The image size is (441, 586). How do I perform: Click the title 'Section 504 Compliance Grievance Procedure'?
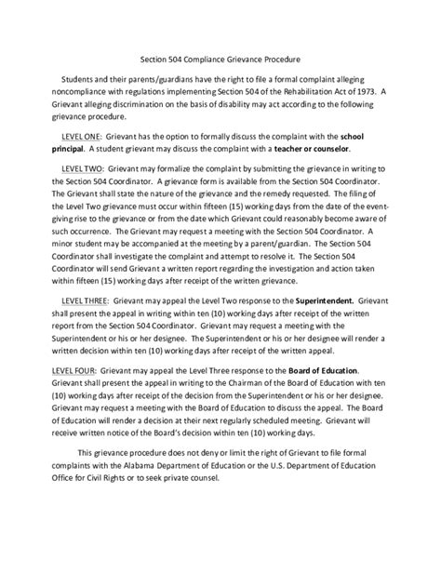point(220,58)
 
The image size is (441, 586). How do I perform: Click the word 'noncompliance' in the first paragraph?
point(83,92)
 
